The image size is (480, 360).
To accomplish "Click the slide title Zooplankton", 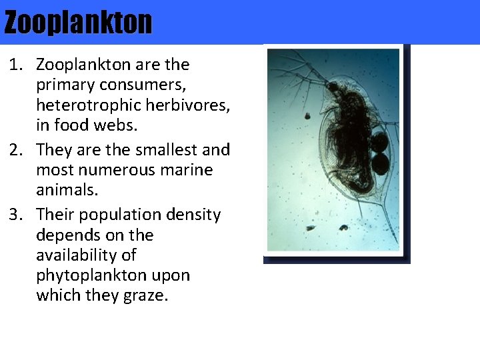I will (78, 23).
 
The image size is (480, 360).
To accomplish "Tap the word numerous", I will (109, 170).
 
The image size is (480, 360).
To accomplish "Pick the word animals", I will (67, 190).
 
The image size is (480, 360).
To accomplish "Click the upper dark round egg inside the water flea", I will (379, 142).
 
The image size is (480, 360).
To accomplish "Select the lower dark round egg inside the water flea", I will (379, 163).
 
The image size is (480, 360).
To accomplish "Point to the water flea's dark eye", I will (332, 87).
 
